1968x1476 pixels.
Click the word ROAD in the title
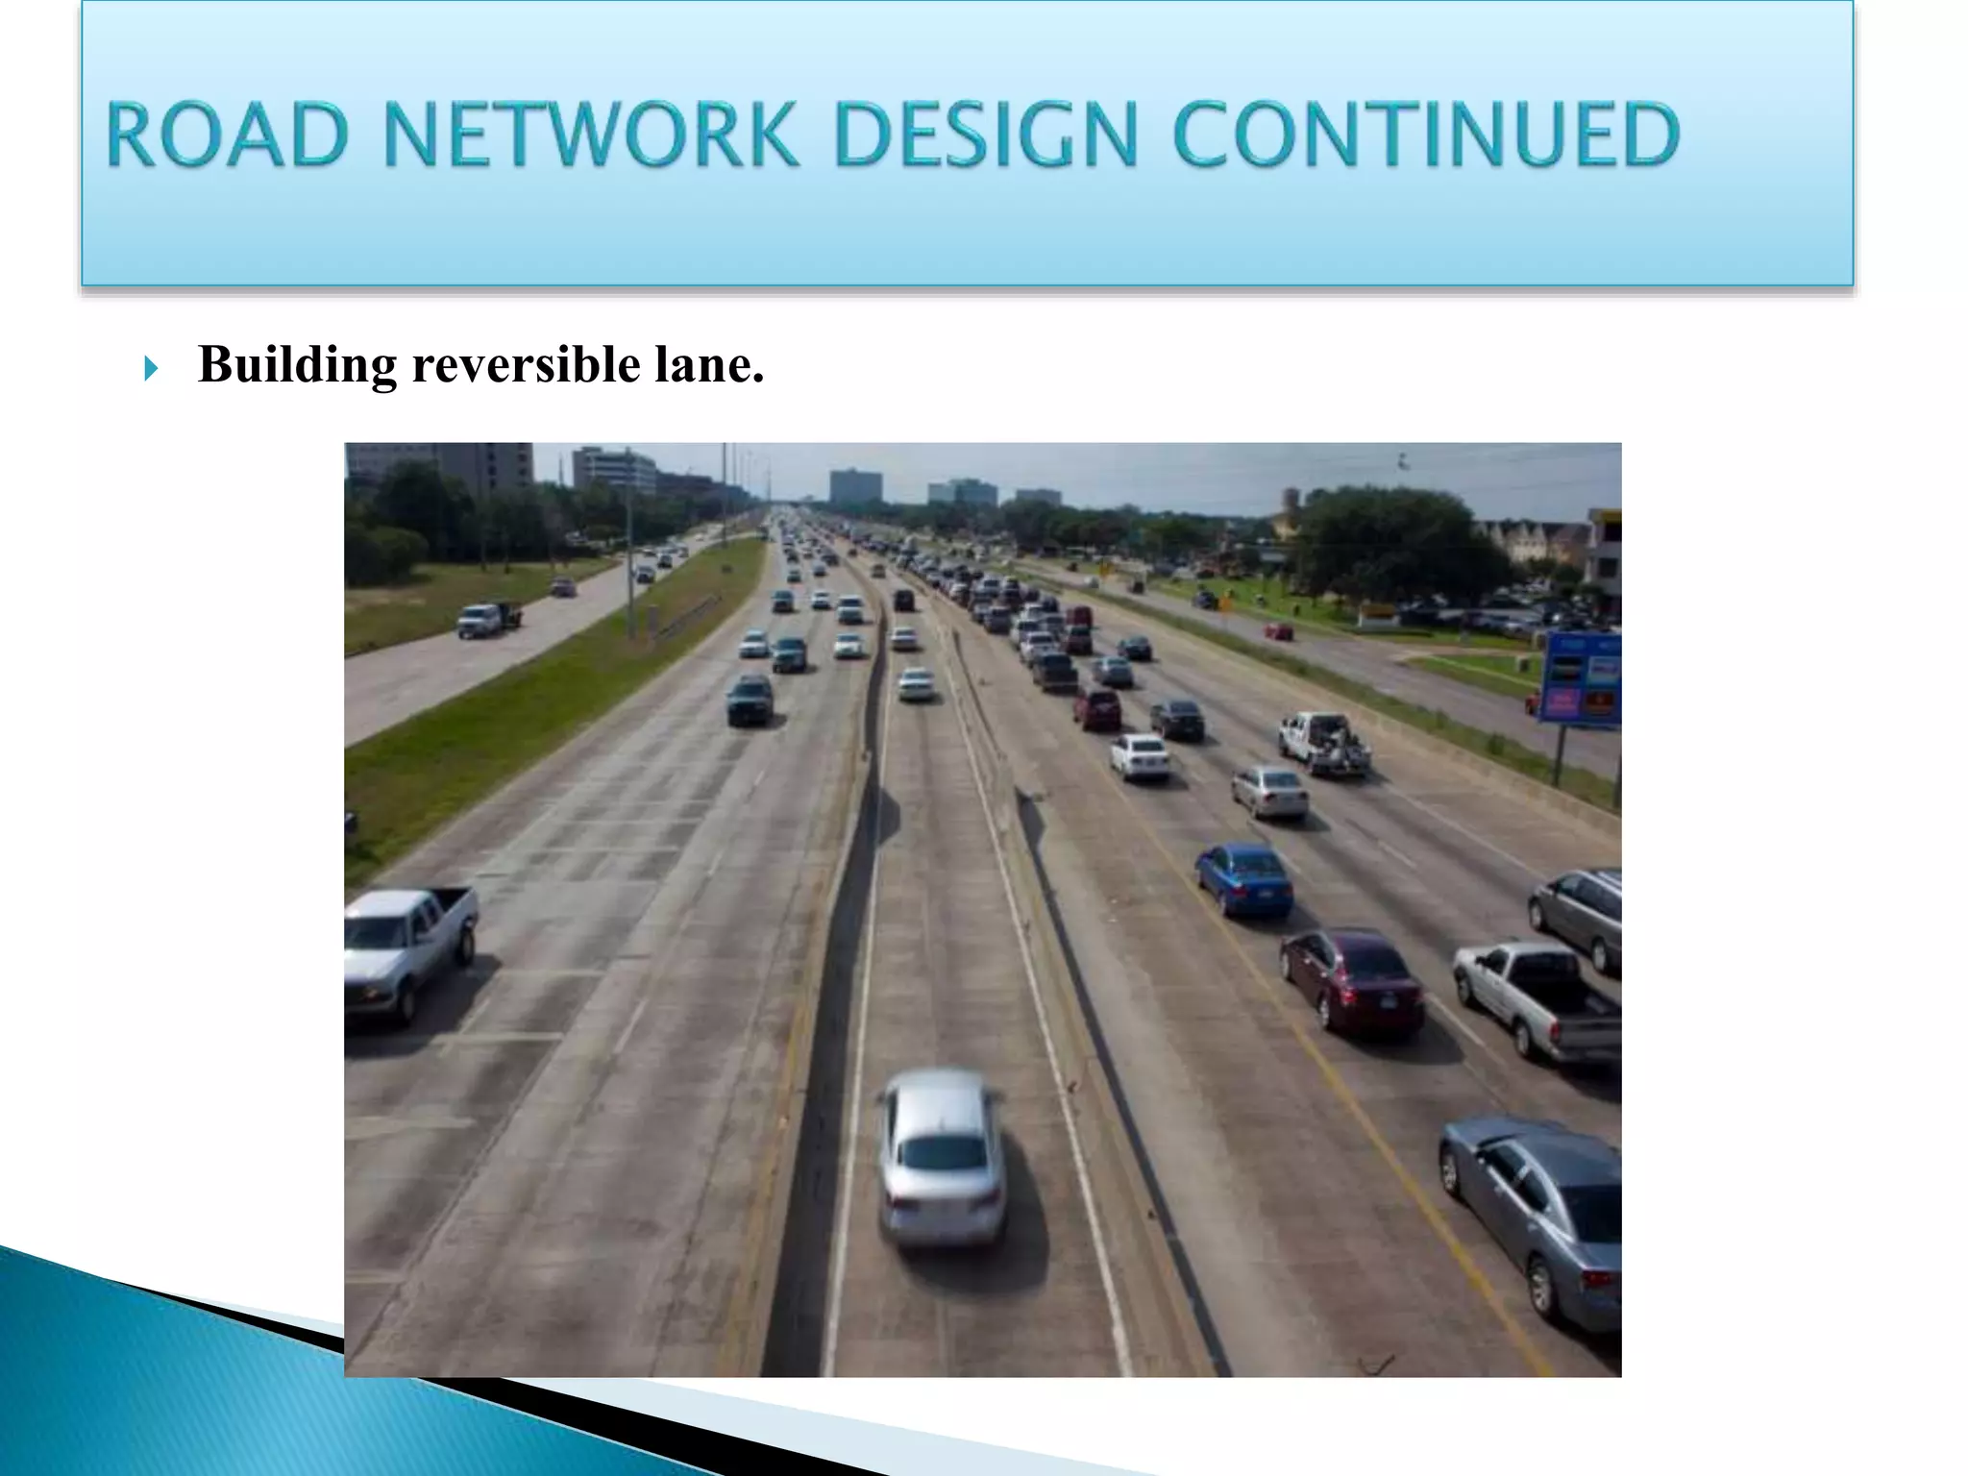[227, 135]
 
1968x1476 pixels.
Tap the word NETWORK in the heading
[590, 135]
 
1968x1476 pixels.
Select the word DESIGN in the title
[986, 135]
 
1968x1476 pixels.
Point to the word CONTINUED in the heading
[1425, 135]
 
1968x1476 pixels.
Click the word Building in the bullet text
[297, 366]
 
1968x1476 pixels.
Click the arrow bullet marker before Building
[151, 368]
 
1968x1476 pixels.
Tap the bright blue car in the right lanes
[1244, 878]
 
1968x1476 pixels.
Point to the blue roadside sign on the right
[1582, 677]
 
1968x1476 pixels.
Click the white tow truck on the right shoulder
[1323, 742]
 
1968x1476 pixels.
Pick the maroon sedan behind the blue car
[1351, 979]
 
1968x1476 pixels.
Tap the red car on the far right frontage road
[1278, 630]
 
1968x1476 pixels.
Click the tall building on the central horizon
[854, 486]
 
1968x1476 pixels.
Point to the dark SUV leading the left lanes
[750, 699]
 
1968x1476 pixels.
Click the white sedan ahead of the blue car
[1140, 755]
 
